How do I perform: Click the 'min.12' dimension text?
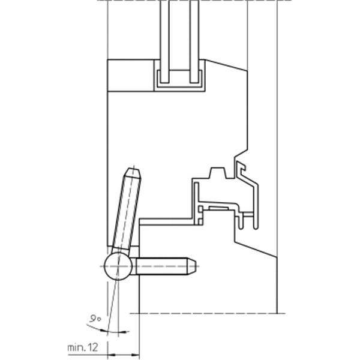pos(83,346)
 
